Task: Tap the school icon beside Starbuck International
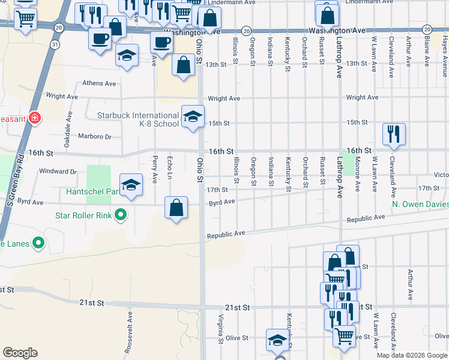[193, 116]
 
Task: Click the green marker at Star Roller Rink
[121, 214]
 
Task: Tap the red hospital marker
[35, 118]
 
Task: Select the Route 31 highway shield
[55, 44]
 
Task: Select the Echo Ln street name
[170, 167]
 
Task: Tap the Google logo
[20, 353]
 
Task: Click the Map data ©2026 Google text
[412, 355]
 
